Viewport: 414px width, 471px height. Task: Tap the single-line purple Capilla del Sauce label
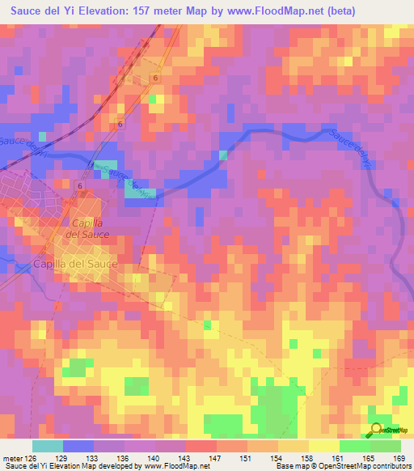pos(76,265)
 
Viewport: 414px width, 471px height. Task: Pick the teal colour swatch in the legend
pos(47,446)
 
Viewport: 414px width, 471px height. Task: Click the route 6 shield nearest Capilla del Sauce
pos(81,186)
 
